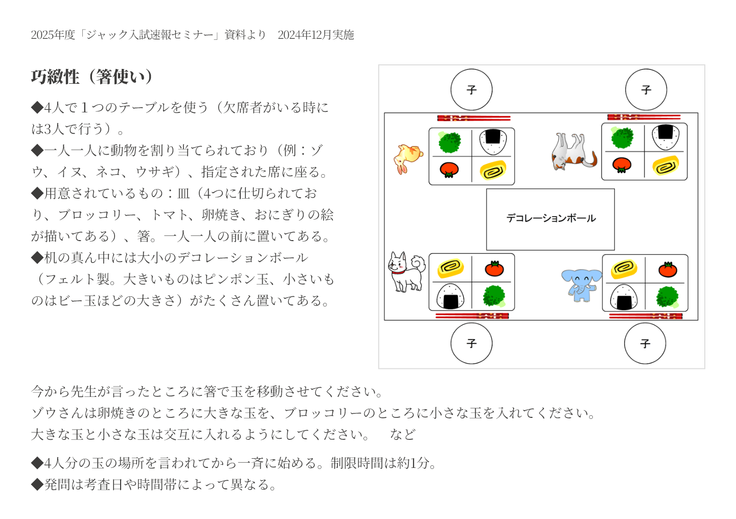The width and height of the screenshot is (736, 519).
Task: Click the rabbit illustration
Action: [408, 159]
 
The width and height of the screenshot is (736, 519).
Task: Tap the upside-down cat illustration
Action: [573, 151]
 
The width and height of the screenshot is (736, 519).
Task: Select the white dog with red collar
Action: [406, 272]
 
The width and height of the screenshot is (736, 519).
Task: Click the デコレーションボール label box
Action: [550, 219]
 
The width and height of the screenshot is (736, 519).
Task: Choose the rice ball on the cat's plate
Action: [665, 137]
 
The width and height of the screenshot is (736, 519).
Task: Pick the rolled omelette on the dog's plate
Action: [450, 268]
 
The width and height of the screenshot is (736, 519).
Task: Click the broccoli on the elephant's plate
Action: [667, 297]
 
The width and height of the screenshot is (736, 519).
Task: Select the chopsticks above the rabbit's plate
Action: [474, 118]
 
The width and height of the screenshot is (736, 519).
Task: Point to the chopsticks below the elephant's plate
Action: [646, 316]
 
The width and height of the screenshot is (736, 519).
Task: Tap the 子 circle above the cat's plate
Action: [646, 89]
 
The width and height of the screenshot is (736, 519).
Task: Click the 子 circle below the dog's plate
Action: [471, 343]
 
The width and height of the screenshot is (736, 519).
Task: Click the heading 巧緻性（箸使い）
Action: [93, 77]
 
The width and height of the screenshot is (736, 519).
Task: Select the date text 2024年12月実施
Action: [316, 35]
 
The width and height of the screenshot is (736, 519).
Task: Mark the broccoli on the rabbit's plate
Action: [450, 142]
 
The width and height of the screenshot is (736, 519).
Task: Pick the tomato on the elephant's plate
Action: [668, 270]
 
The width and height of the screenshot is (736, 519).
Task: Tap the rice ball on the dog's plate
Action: [450, 296]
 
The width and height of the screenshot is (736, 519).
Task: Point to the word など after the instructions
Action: [403, 434]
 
